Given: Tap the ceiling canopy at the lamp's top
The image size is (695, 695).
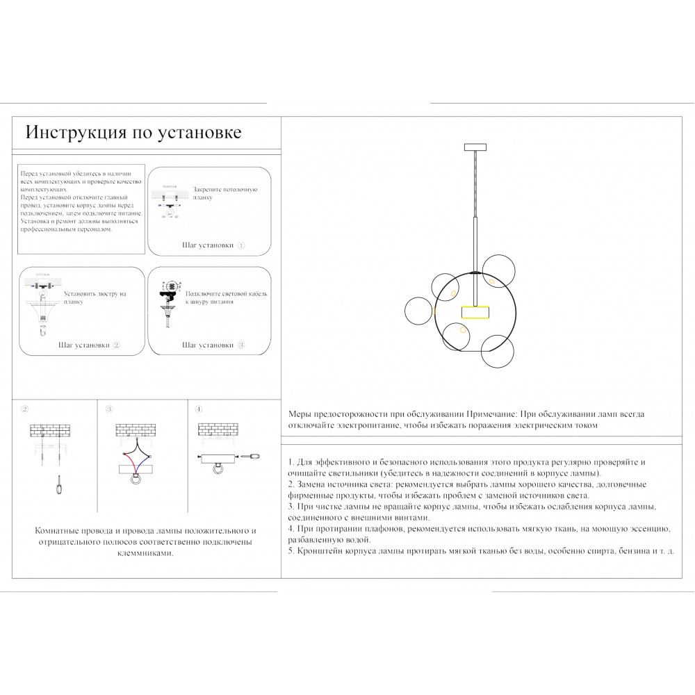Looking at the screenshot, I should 475,146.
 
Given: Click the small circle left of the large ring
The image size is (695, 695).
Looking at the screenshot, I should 419,310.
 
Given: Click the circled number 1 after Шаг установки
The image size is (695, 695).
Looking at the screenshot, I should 241,245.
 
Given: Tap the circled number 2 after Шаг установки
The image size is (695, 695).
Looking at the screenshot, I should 116,345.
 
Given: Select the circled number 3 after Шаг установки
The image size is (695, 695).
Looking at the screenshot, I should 241,345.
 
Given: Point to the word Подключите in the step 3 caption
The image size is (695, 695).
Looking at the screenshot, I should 207,294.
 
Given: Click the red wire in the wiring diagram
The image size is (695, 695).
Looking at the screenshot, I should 129,457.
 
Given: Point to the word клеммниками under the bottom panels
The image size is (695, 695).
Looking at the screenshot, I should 146,554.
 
